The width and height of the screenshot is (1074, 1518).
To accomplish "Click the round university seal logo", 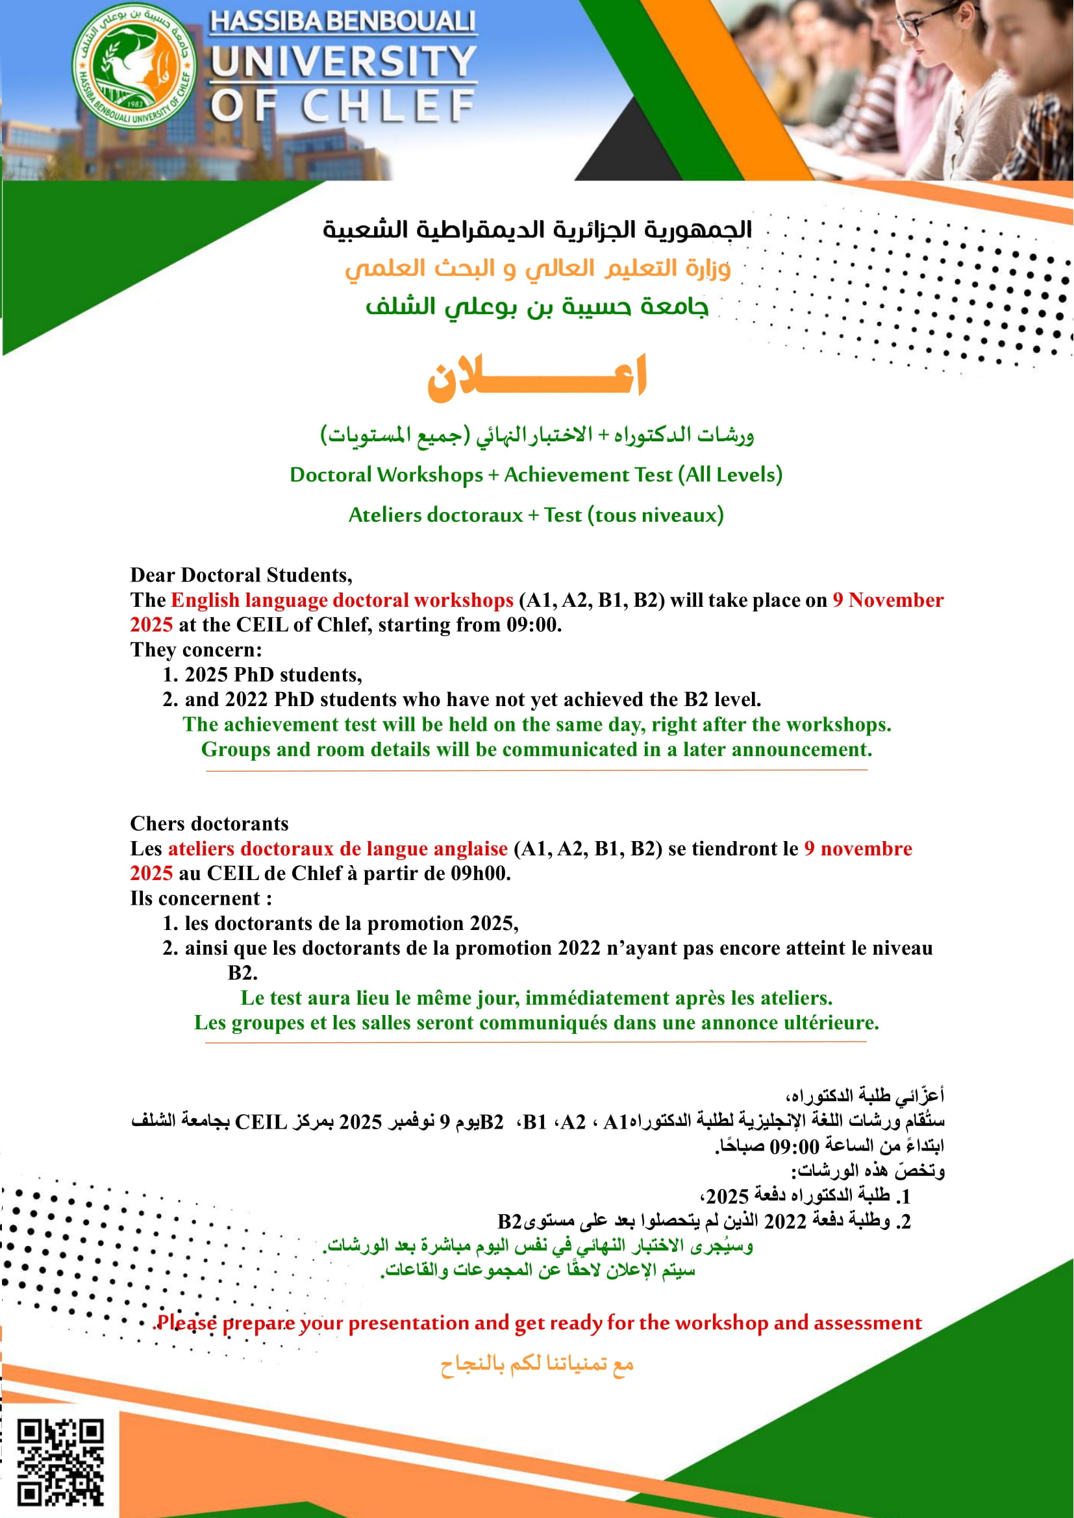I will (x=134, y=66).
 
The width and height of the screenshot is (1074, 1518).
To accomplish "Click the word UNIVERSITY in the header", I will (x=343, y=61).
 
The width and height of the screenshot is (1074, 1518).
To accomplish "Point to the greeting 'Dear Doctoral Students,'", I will (x=241, y=575).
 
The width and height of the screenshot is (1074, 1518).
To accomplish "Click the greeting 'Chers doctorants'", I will (x=209, y=824).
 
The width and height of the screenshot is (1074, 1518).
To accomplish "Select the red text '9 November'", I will (x=888, y=600).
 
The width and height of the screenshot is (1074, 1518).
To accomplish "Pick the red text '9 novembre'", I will (x=858, y=849).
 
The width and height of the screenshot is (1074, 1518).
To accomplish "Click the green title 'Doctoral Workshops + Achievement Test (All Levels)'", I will (x=536, y=474).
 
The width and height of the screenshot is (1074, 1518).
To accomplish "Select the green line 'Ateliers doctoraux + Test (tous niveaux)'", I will (x=536, y=515).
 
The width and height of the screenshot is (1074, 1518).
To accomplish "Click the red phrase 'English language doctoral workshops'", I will (x=342, y=600).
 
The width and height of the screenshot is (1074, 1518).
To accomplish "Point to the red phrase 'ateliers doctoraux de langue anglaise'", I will (x=337, y=849).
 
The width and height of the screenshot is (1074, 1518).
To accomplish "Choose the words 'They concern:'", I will (x=195, y=650).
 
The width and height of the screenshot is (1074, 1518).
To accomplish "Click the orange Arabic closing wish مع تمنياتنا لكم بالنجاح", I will (x=537, y=1364).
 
